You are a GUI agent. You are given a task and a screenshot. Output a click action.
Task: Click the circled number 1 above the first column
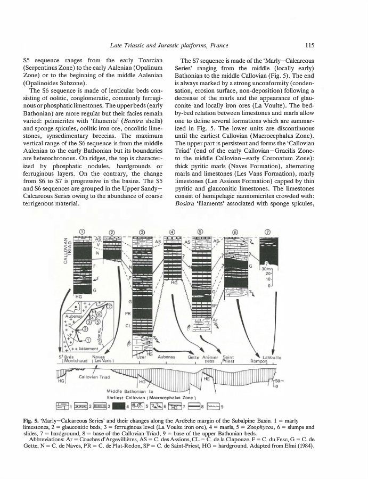point(82,231)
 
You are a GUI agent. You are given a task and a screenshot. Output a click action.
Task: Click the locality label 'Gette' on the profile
point(195,357)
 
